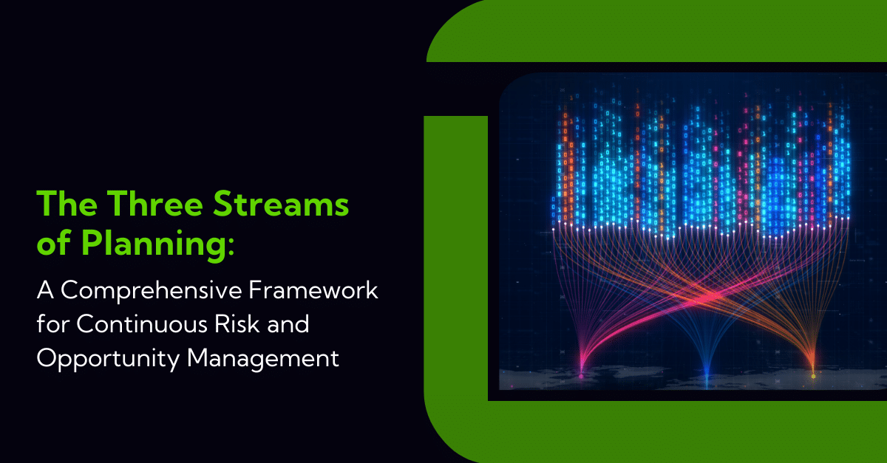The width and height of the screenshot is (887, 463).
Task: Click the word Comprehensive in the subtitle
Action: [152, 291]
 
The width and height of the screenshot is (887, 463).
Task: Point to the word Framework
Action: [313, 289]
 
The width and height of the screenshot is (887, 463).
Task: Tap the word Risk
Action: [237, 323]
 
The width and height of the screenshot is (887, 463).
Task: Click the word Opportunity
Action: [108, 360]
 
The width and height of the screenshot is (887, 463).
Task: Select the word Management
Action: [263, 360]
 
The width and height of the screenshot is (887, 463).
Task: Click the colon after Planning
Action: [231, 246]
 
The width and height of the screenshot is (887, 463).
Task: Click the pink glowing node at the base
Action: [581, 376]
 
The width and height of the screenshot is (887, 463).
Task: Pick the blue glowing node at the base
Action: [707, 374]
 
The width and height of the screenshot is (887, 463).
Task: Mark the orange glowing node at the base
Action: [813, 376]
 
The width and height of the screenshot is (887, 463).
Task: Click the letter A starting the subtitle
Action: [45, 289]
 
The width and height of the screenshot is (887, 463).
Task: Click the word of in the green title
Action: [54, 244]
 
